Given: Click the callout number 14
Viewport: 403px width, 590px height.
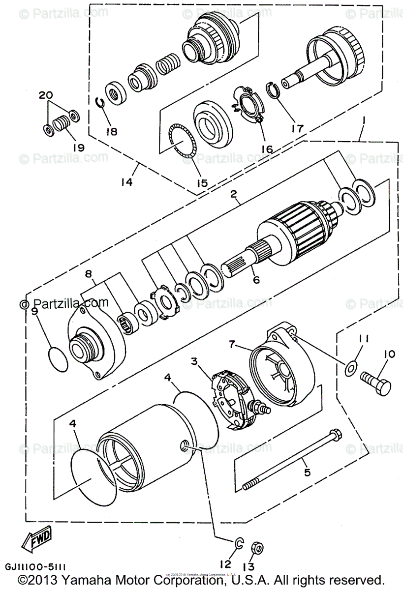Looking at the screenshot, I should pyautogui.click(x=126, y=182).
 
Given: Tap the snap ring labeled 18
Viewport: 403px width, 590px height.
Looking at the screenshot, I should pyautogui.click(x=100, y=102).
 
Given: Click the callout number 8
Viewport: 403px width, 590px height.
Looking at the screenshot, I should pyautogui.click(x=88, y=273).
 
